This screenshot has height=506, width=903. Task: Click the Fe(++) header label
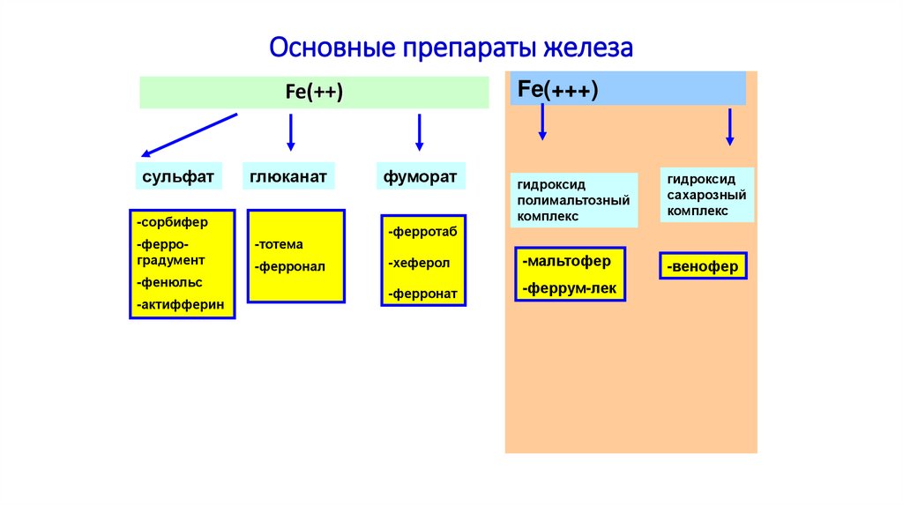click(314, 92)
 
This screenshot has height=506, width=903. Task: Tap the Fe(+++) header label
click(557, 89)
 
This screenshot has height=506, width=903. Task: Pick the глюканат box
click(287, 176)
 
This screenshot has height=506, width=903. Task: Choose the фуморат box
click(420, 176)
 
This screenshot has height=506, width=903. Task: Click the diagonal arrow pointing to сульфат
click(189, 135)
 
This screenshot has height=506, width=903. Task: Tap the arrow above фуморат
click(420, 132)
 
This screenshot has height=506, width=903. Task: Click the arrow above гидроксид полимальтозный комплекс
click(542, 122)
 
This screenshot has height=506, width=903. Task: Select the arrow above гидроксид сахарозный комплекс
click(729, 127)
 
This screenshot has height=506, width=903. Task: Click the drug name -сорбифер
click(173, 222)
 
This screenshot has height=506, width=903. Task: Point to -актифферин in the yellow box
click(181, 305)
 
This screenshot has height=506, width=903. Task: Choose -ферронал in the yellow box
click(290, 265)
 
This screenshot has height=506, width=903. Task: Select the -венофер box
click(703, 266)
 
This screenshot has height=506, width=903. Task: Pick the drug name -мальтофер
click(566, 262)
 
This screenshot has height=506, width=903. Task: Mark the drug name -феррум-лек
click(569, 287)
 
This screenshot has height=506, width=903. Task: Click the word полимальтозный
click(574, 199)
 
